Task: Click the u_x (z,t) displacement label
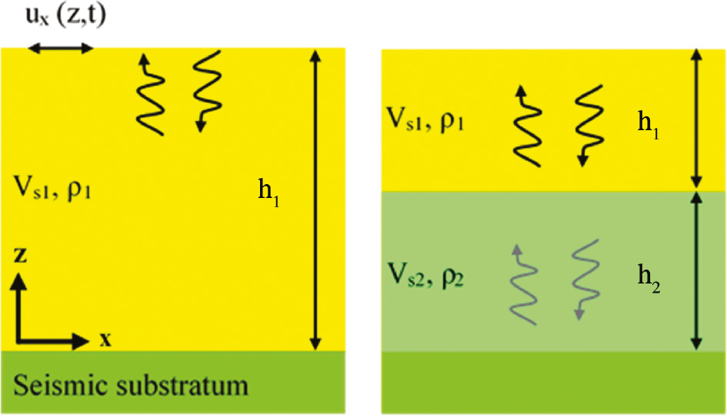(x=68, y=18)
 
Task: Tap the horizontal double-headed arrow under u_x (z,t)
(x=60, y=49)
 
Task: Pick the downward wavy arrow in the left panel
(x=203, y=91)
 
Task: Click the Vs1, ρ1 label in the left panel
(x=53, y=188)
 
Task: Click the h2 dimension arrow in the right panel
(x=695, y=271)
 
